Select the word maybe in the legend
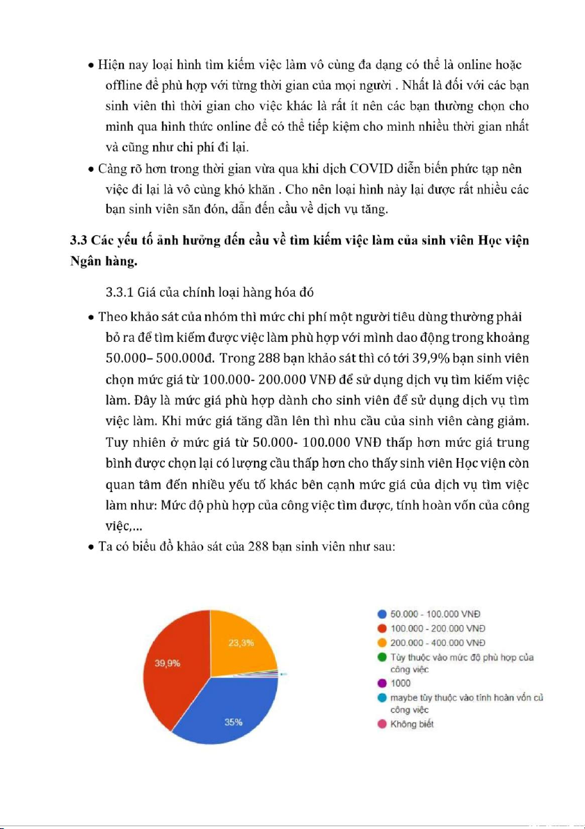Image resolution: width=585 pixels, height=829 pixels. [402, 697]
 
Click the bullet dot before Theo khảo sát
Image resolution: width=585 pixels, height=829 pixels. [91, 317]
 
